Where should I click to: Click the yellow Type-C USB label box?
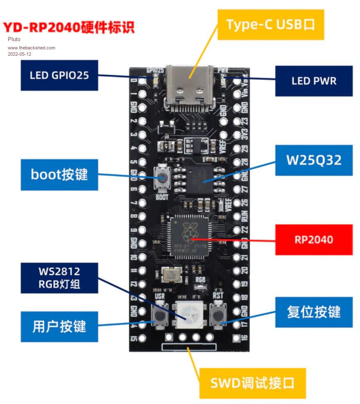(x=271, y=24)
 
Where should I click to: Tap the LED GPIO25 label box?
(x=59, y=75)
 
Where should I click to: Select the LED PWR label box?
(x=314, y=81)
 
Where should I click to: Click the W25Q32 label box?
(x=314, y=160)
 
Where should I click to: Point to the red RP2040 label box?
(x=314, y=240)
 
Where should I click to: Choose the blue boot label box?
(x=59, y=174)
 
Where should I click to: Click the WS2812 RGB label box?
(x=59, y=278)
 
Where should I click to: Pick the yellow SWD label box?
(x=252, y=382)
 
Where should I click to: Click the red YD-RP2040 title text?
(x=69, y=27)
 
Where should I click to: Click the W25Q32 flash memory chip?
(x=203, y=179)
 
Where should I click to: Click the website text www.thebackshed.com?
(x=32, y=48)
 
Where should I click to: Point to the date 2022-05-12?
(x=20, y=54)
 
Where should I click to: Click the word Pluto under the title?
(x=14, y=39)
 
